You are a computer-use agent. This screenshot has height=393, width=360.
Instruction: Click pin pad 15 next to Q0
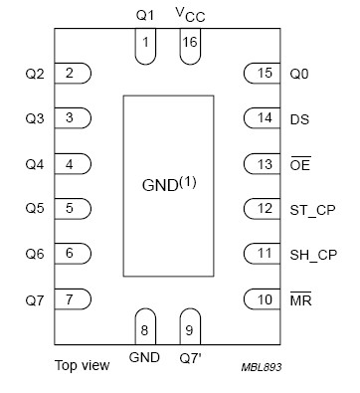[262, 73]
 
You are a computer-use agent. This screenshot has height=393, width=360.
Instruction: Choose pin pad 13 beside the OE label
[262, 163]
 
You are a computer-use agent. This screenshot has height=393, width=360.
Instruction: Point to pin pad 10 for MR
[262, 298]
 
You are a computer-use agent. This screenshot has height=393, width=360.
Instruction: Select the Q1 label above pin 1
[145, 15]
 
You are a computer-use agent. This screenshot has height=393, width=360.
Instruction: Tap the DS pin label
[298, 118]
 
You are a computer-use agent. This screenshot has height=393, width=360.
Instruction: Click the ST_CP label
[310, 209]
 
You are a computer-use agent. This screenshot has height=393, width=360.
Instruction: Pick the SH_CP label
[311, 254]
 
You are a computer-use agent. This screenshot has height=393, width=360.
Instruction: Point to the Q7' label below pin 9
[190, 355]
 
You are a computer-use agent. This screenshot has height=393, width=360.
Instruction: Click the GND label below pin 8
[144, 355]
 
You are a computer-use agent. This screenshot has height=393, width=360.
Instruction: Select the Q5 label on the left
[34, 209]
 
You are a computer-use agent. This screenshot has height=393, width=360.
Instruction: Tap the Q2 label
[34, 73]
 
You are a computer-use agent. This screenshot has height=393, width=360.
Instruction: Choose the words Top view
[82, 365]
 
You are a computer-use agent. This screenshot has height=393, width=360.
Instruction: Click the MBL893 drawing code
[261, 367]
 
